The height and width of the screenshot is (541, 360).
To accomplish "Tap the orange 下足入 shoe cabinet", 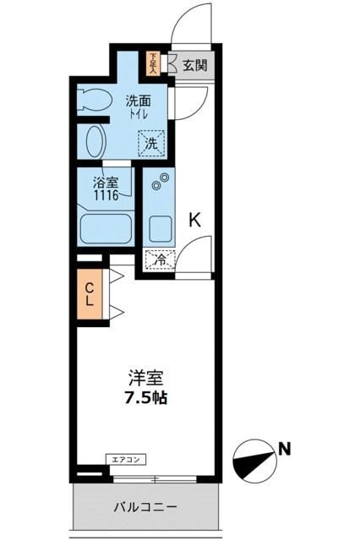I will pos(153,63).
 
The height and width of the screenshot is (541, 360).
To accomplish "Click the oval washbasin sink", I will pos(95,140).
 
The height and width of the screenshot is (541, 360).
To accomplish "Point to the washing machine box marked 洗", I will pos(151,143).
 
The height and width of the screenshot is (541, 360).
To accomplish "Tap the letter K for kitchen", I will pos(194,221).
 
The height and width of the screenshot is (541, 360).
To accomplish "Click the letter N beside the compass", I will pos(286,448).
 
